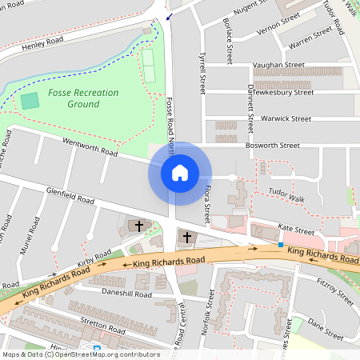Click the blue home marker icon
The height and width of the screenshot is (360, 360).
[180, 173]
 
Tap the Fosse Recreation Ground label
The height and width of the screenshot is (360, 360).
[82, 98]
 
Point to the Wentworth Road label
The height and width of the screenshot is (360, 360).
[90, 146]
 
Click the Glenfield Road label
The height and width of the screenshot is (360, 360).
[70, 196]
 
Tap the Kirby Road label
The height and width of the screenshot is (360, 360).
[94, 258]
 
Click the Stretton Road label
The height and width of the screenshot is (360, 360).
[102, 325]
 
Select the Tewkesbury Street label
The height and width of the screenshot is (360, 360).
[280, 92]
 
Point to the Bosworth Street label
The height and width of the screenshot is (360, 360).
[274, 146]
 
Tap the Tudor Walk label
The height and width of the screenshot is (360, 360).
[286, 192]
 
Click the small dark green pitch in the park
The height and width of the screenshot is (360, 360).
[30, 101]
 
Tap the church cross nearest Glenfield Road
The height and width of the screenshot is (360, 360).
[138, 226]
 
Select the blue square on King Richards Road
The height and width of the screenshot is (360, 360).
[281, 244]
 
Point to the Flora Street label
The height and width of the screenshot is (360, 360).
[206, 202]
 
